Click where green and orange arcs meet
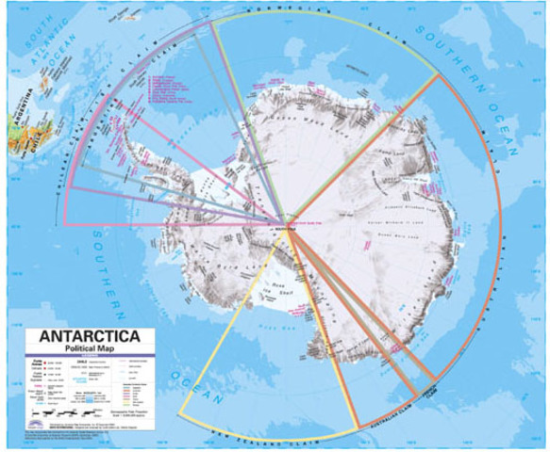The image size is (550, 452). [x=438, y=74]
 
